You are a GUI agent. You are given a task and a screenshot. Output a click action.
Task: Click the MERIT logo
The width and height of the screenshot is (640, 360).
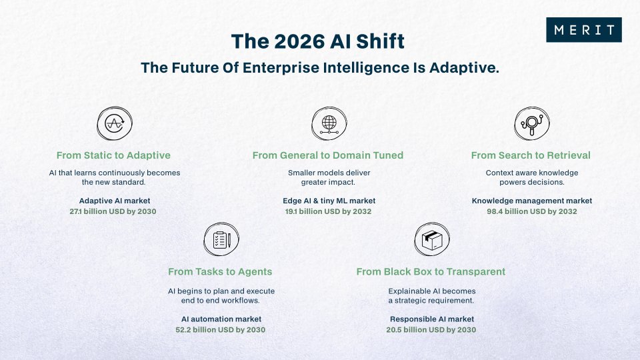(583, 30)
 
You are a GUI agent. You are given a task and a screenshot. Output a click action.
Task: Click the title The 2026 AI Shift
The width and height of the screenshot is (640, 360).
(317, 41)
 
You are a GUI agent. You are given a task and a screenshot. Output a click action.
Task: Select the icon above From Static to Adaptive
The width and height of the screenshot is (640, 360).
(114, 123)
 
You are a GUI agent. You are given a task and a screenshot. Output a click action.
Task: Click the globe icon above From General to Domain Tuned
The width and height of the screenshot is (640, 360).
(328, 123)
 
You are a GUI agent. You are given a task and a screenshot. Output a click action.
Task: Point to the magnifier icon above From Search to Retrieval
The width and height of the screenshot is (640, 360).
(531, 123)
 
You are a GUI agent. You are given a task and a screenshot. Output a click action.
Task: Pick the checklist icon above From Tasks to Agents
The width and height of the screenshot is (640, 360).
(220, 240)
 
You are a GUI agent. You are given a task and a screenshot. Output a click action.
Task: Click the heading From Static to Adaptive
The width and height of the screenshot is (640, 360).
(114, 155)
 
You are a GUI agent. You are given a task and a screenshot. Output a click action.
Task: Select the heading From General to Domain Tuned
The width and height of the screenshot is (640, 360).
(328, 155)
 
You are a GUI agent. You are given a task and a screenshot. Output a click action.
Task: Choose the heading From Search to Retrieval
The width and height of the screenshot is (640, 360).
(531, 155)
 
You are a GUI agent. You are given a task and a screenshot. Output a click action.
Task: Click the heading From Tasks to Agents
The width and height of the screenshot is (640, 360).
(220, 271)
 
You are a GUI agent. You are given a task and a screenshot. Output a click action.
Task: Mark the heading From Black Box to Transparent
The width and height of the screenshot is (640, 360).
(431, 271)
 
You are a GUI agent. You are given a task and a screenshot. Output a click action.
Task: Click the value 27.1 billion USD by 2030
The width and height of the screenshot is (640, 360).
(114, 211)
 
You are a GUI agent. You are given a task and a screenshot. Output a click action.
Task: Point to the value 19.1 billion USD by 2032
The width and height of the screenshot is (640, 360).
(328, 211)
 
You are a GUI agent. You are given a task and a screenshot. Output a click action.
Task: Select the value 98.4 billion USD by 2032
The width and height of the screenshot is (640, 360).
(531, 211)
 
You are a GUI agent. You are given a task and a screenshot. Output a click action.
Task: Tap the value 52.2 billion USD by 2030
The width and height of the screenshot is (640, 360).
(221, 329)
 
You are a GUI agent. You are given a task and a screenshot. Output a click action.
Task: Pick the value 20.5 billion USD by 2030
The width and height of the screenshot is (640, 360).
(431, 329)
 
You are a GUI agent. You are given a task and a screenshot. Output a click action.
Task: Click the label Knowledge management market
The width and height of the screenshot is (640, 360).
(531, 201)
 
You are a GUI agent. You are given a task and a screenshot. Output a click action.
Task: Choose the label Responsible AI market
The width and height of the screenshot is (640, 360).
(431, 319)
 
